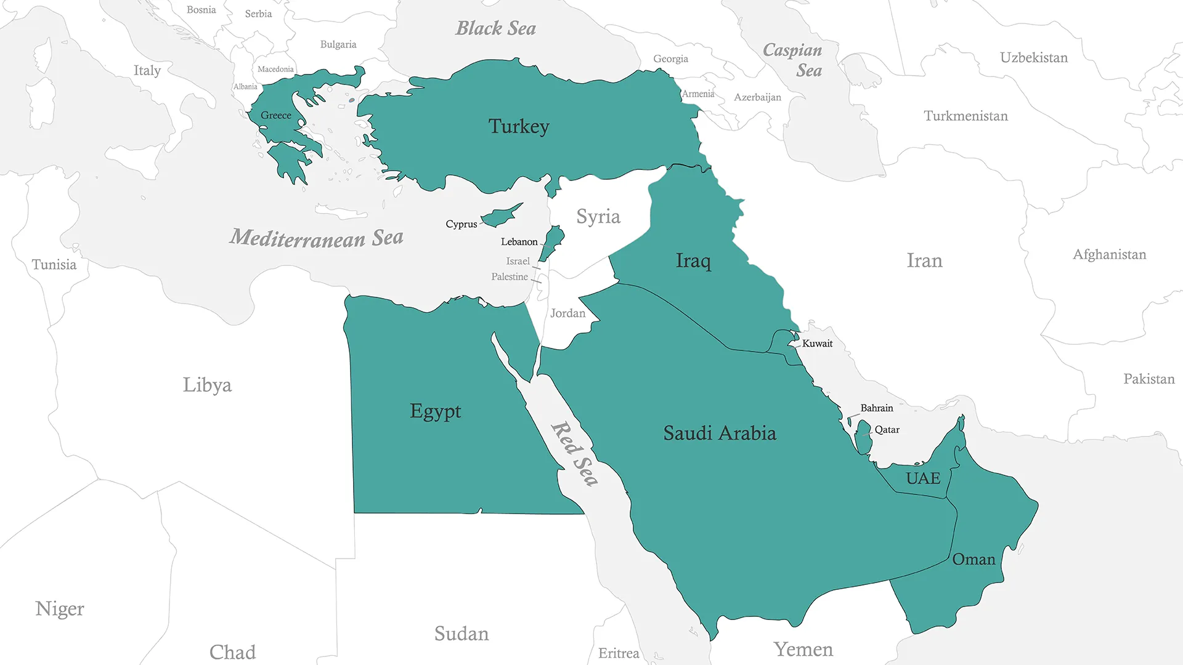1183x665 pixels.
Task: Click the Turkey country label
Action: pyautogui.click(x=519, y=127)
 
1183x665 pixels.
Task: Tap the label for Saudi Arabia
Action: pyautogui.click(x=719, y=433)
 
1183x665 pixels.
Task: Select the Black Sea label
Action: pyautogui.click(x=495, y=28)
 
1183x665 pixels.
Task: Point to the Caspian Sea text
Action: pyautogui.click(x=793, y=60)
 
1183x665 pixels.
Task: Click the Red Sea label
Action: pyautogui.click(x=574, y=454)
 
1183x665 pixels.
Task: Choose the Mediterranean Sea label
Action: pyautogui.click(x=317, y=238)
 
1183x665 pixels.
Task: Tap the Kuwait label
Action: pyautogui.click(x=817, y=344)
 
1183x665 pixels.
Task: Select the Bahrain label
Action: pyautogui.click(x=876, y=408)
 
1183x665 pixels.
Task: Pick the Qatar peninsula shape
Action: pyautogui.click(x=863, y=437)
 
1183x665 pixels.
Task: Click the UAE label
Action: pyautogui.click(x=922, y=478)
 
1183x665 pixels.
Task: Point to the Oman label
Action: pyautogui.click(x=974, y=560)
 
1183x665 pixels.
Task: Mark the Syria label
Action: pyautogui.click(x=598, y=217)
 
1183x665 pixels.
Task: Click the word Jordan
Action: pyautogui.click(x=567, y=313)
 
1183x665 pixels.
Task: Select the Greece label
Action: pyautogui.click(x=275, y=116)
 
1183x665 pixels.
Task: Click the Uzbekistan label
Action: pyautogui.click(x=1033, y=58)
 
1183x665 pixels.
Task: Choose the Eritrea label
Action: pyautogui.click(x=619, y=653)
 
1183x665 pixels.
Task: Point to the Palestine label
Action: pyautogui.click(x=509, y=277)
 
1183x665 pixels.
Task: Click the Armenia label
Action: pyautogui.click(x=698, y=94)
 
